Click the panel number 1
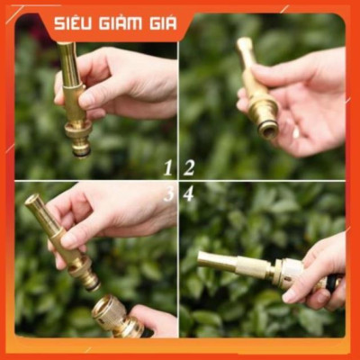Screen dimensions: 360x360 (167, 166)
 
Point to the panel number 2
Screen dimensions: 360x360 (189, 166)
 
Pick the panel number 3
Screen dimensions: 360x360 (167, 193)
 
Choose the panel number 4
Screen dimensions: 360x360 (189, 193)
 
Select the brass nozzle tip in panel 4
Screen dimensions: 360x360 (211, 261)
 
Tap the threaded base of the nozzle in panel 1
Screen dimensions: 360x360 (79, 139)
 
